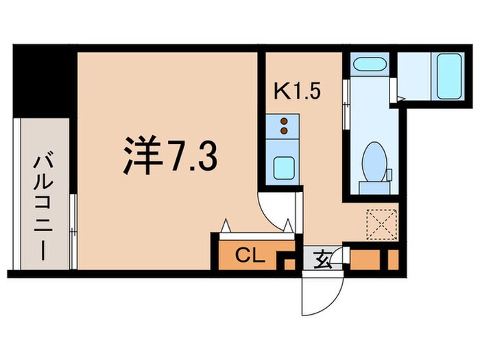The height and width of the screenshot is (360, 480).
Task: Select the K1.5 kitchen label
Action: click(298, 91)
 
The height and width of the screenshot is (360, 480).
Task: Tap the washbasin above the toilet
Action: click(368, 67)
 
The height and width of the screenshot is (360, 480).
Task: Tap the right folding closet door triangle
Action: click(290, 225)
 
